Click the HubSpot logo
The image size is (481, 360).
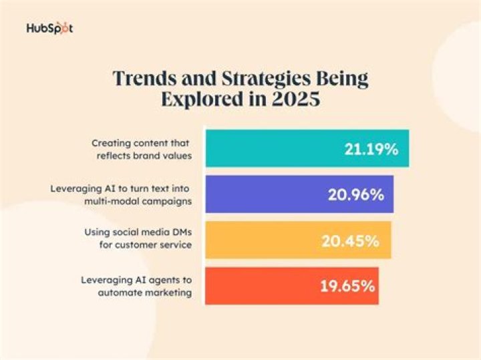coord(49,29)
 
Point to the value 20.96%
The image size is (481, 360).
coord(355,194)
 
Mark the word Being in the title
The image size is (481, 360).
coord(343,77)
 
